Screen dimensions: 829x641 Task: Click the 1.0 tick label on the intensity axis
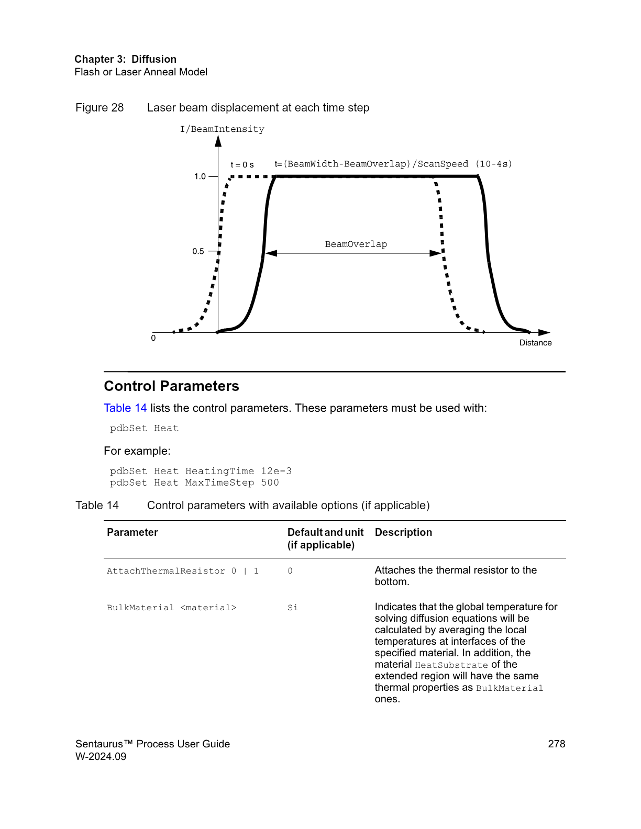200,176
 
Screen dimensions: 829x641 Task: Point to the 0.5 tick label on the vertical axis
198,251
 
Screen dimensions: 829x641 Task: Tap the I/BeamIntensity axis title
222,129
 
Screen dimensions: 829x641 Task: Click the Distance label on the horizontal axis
535,343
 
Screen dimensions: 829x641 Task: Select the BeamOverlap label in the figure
356,244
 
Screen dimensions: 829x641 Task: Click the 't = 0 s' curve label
242,165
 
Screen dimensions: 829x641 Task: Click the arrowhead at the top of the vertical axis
218,141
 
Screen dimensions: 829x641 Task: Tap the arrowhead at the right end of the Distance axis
544,332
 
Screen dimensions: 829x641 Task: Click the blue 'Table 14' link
125,408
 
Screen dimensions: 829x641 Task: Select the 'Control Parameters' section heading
171,386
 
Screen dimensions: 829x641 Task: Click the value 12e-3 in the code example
276,471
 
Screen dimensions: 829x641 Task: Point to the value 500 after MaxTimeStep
270,483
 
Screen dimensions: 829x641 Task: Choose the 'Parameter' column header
132,532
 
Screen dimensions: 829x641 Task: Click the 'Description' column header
403,532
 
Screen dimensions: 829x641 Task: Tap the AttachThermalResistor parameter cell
182,571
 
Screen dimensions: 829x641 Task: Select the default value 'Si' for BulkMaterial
292,608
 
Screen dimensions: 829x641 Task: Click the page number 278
556,744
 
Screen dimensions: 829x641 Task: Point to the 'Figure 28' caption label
100,108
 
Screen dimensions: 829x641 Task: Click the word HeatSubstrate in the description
451,665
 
